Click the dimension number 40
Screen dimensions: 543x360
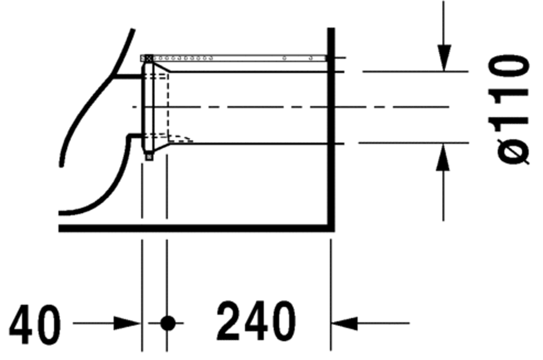pyautogui.click(x=35, y=324)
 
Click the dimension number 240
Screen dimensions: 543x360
pyautogui.click(x=256, y=321)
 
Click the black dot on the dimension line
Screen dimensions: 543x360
pyautogui.click(x=168, y=323)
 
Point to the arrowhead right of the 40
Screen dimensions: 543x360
pyautogui.click(x=127, y=323)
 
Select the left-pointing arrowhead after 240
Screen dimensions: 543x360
pyautogui.click(x=345, y=323)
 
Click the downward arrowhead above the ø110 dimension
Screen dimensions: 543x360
pyautogui.click(x=444, y=58)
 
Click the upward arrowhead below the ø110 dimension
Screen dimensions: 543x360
pyautogui.click(x=443, y=157)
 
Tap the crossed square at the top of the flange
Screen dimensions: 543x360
pyautogui.click(x=148, y=58)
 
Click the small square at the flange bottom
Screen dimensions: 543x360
pyautogui.click(x=149, y=157)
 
